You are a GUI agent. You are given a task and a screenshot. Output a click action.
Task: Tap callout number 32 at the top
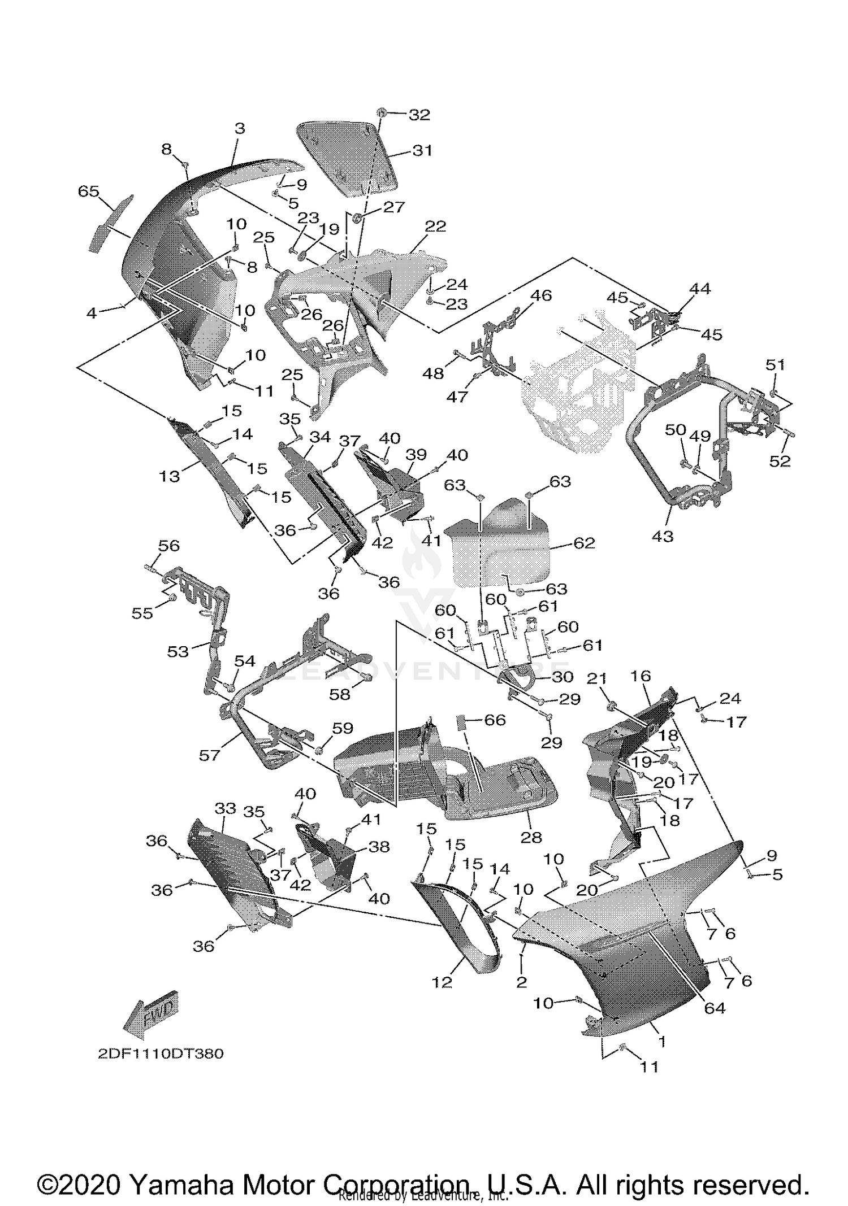point(419,115)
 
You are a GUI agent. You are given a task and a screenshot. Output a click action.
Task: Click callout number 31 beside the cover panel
point(422,151)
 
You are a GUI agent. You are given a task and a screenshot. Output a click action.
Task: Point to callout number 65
point(88,191)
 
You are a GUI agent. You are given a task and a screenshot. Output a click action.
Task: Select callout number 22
point(435,227)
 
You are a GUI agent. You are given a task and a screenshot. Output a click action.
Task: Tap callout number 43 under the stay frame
point(663,535)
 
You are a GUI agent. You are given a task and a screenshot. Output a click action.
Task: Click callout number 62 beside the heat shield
point(584,543)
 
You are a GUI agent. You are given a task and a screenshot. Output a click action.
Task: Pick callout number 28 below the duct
point(531,837)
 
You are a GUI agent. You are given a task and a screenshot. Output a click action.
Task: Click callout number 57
point(209,755)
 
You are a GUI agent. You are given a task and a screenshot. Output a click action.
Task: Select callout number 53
point(178,651)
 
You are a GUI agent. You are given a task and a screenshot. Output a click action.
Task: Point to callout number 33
point(225,809)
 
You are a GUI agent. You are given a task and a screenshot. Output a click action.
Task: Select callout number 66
point(495,720)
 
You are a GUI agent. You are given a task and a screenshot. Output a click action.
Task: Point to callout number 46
point(541,295)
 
